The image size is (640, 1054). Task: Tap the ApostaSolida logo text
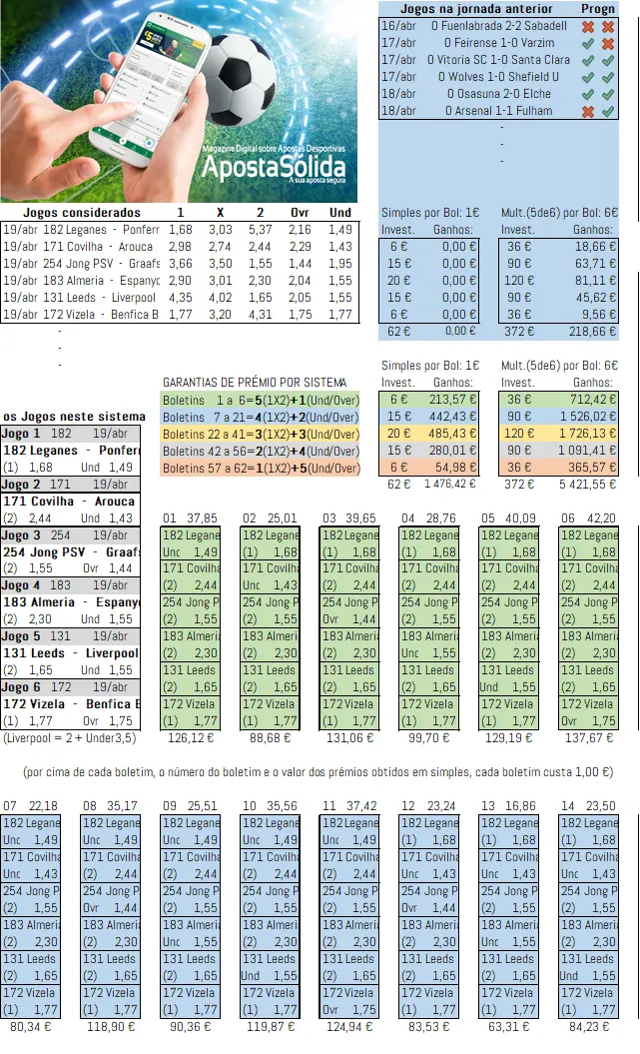274,167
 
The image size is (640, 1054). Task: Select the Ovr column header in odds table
301,213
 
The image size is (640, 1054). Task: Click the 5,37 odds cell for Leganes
261,230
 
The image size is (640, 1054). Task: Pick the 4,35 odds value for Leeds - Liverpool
180,298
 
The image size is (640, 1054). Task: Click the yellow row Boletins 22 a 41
260,434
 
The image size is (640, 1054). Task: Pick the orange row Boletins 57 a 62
260,468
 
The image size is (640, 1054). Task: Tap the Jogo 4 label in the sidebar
22,585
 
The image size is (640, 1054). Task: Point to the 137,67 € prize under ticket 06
586,738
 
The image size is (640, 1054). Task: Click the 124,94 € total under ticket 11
347,1025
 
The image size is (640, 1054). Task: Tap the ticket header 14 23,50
586,806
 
